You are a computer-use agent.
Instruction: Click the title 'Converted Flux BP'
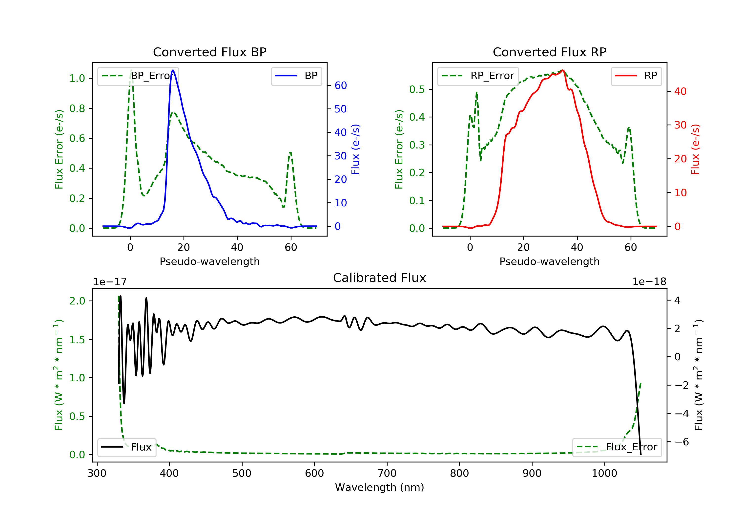(209, 52)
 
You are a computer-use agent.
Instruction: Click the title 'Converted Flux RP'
(549, 52)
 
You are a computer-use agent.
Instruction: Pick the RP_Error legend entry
(478, 76)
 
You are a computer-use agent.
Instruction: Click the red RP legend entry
(636, 76)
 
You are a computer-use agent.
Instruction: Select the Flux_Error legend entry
(617, 447)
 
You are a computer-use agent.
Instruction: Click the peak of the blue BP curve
(173, 70)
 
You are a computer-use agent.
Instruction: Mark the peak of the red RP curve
(562, 70)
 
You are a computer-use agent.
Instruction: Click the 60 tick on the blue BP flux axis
(340, 85)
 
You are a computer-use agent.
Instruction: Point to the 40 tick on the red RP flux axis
(680, 91)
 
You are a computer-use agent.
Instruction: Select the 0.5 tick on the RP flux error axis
(417, 89)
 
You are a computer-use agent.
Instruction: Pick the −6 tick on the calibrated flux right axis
(682, 442)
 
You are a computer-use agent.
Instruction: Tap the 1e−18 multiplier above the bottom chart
(649, 282)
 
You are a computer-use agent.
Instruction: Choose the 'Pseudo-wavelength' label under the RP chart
(549, 261)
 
